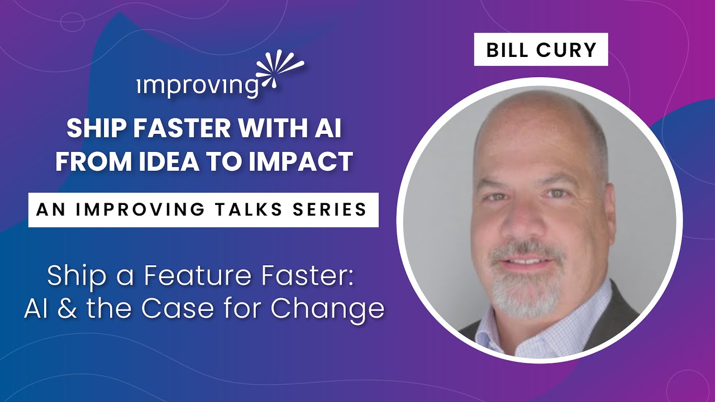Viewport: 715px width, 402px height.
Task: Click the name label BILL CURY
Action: (541, 50)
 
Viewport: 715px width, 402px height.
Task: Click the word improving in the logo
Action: (197, 86)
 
